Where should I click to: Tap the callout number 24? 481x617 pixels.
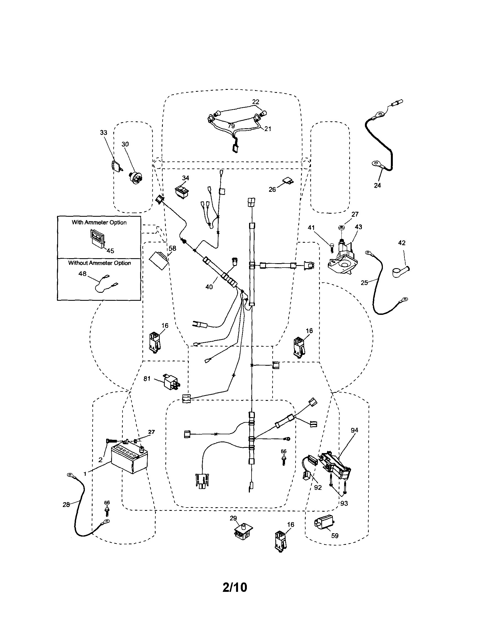[x=377, y=185]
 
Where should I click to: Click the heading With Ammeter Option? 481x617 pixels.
[x=99, y=222]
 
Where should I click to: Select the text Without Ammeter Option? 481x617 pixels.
[x=100, y=263]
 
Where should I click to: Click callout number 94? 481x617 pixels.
[x=354, y=430]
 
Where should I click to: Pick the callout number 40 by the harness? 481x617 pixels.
[x=209, y=287]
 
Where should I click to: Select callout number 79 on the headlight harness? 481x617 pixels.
[x=231, y=126]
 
